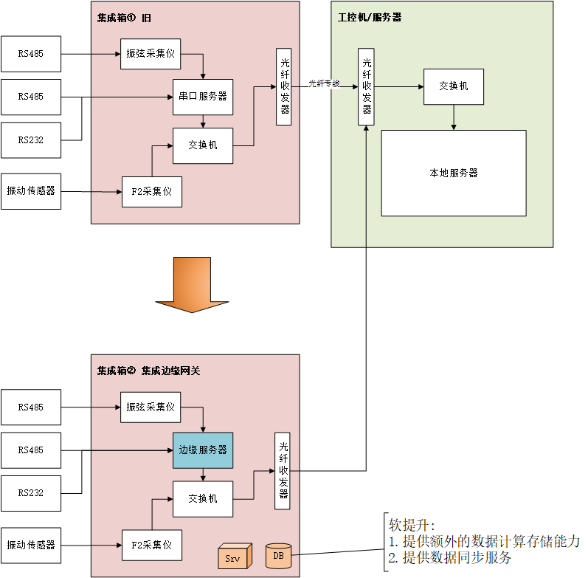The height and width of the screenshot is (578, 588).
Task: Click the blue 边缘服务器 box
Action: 203,450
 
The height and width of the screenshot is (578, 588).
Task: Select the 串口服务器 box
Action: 203,97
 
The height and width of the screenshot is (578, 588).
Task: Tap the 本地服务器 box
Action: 453,173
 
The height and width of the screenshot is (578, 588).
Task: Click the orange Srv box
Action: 232,557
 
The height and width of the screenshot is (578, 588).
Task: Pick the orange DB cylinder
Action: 278,555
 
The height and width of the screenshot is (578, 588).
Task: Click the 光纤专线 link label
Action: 324,83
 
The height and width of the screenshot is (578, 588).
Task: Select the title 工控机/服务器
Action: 370,16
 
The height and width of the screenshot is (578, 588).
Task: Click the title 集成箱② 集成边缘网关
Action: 148,371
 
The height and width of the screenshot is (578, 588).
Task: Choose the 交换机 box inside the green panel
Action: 453,86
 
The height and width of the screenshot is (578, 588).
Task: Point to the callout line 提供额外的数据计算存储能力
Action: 484,541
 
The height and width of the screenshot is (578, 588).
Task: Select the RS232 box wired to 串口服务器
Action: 31,140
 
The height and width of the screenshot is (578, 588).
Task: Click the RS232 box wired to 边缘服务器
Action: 31,493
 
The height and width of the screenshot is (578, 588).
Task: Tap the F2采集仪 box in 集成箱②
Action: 151,546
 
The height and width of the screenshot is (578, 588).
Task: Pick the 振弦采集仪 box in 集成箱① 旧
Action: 151,54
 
